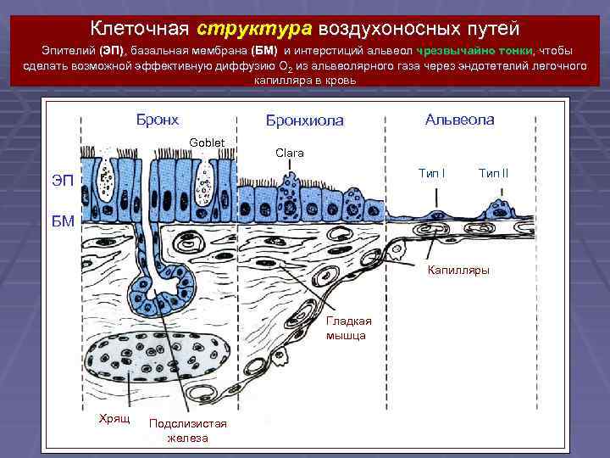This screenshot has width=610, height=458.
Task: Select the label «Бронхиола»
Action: click(305, 120)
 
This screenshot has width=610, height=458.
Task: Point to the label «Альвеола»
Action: click(460, 120)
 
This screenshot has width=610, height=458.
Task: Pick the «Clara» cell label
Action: click(290, 153)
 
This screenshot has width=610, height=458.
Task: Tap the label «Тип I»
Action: click(431, 174)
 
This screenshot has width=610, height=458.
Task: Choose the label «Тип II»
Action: click(493, 174)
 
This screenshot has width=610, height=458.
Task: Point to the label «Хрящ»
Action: click(114, 420)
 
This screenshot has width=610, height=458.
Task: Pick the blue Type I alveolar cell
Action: click(439, 213)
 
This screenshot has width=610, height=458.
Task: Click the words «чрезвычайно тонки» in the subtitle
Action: click(474, 51)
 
